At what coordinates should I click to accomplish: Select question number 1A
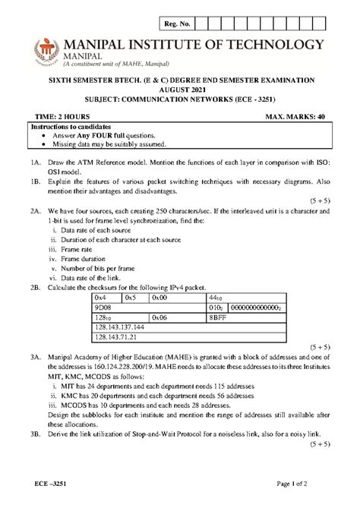36,164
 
